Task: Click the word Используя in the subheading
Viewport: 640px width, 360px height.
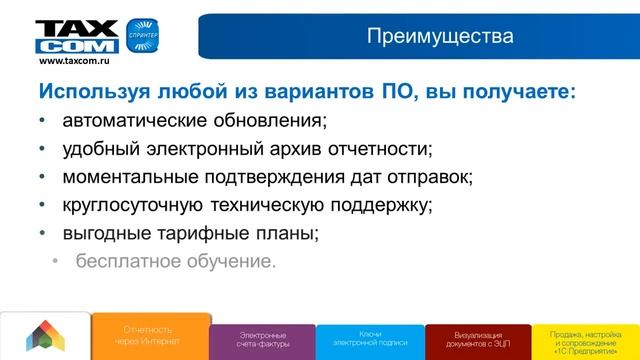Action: click(93, 92)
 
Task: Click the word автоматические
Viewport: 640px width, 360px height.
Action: click(140, 122)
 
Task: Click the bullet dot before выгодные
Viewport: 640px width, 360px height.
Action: click(41, 234)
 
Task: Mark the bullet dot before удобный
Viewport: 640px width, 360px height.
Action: click(41, 150)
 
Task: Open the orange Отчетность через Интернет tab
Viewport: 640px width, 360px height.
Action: click(148, 334)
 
